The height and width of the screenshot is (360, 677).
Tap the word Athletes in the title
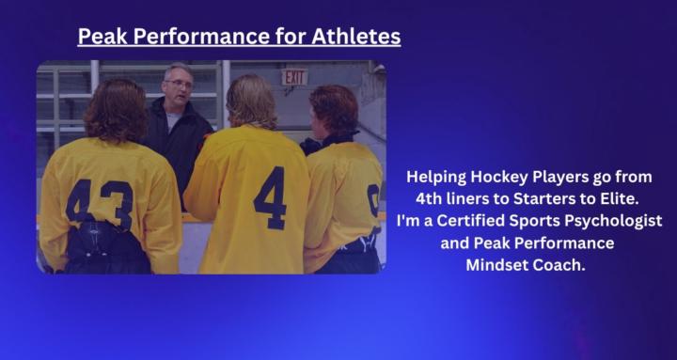(x=359, y=37)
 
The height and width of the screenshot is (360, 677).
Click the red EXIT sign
(x=294, y=77)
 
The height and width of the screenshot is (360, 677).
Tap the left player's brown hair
(x=115, y=107)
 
